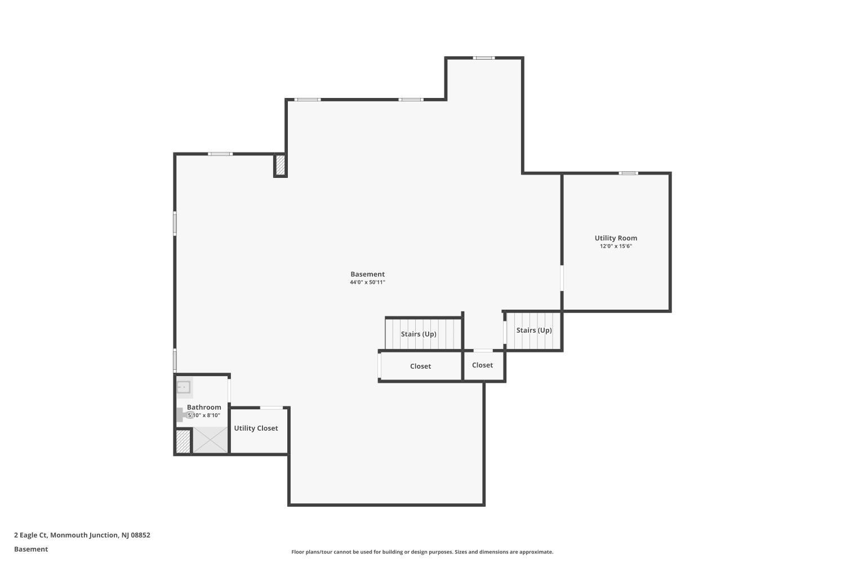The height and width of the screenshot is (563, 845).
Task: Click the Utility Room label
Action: click(616, 238)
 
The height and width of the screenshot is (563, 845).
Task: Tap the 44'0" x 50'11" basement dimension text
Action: click(367, 282)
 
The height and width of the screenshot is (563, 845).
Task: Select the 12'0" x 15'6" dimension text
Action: click(616, 246)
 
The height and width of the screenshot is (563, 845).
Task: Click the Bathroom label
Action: click(204, 407)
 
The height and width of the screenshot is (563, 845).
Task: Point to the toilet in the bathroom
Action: click(185, 415)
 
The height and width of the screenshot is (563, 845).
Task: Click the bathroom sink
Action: click(184, 387)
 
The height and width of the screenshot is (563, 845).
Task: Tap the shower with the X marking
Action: click(210, 440)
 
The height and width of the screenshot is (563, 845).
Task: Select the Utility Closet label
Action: click(256, 428)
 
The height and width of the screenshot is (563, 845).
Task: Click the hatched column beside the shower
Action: click(183, 441)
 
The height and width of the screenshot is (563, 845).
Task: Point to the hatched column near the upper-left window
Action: click(281, 165)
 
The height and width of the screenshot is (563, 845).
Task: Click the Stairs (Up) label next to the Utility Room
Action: click(534, 330)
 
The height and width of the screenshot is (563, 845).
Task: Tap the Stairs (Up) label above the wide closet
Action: click(419, 334)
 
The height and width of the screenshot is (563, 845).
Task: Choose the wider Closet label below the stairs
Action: click(420, 366)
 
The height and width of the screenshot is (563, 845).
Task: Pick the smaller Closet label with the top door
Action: click(482, 365)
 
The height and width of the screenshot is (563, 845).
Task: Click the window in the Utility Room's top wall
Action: click(628, 173)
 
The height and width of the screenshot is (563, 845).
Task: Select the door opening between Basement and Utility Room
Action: click(562, 278)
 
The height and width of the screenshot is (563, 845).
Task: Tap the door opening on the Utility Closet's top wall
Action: click(271, 408)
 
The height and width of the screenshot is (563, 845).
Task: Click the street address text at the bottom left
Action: click(82, 535)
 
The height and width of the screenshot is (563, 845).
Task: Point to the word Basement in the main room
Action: click(367, 274)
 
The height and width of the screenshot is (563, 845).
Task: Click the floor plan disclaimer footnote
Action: click(422, 552)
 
